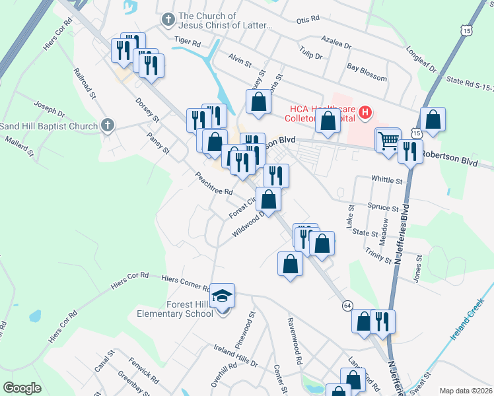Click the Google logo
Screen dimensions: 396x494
[x=22, y=388]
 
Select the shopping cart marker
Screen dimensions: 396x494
[x=388, y=140]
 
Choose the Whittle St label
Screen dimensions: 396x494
[x=387, y=180]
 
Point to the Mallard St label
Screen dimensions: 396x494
[x=18, y=147]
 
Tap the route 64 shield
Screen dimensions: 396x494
[x=347, y=305]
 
